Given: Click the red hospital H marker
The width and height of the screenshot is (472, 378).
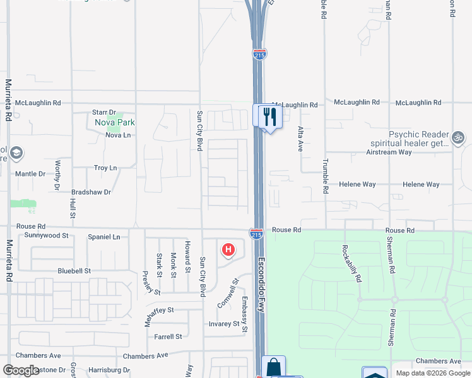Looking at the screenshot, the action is pyautogui.click(x=228, y=249).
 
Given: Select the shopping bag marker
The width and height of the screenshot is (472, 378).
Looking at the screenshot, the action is pyautogui.click(x=273, y=367).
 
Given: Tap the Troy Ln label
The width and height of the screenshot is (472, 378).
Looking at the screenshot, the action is pyautogui.click(x=105, y=168).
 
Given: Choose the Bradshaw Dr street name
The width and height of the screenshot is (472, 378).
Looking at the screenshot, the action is pyautogui.click(x=91, y=192).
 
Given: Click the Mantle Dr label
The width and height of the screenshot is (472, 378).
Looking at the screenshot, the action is pyautogui.click(x=30, y=173).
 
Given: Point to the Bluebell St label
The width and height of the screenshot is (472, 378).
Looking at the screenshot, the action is pyautogui.click(x=74, y=271).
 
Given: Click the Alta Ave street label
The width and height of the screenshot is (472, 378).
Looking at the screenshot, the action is pyautogui.click(x=300, y=139).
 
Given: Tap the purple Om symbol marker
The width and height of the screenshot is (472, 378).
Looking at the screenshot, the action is pyautogui.click(x=458, y=137).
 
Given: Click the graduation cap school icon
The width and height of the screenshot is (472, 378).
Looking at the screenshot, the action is pyautogui.click(x=16, y=152).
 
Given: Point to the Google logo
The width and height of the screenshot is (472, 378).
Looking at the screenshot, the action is pyautogui.click(x=21, y=370).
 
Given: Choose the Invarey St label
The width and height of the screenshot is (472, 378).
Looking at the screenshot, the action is pyautogui.click(x=225, y=324).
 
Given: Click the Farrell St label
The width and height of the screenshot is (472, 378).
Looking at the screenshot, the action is pyautogui.click(x=168, y=336).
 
